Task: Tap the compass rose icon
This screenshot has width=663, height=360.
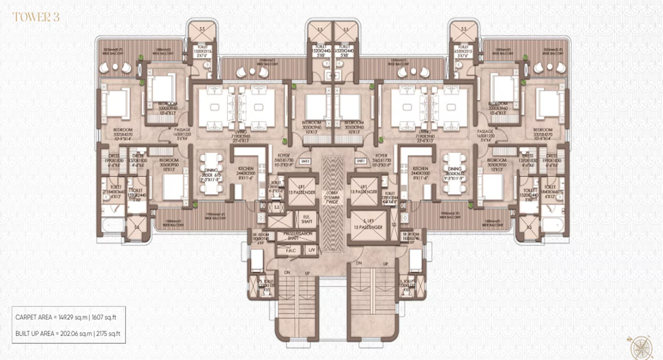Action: pos(642,347)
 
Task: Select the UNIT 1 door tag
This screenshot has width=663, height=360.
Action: pos(361,161)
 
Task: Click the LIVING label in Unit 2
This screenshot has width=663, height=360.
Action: pos(239,132)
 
